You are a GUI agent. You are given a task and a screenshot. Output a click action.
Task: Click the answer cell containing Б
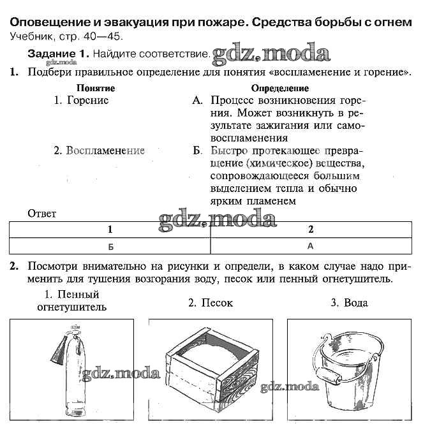coord(110,246)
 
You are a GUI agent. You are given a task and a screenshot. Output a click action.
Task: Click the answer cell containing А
coord(311,245)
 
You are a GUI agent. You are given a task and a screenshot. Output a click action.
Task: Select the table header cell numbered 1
coord(110,230)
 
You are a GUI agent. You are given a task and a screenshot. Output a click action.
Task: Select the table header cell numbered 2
coord(311,230)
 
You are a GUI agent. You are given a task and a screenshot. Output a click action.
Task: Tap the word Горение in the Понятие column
coord(82,101)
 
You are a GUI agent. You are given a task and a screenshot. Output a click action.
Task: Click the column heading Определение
coord(279,88)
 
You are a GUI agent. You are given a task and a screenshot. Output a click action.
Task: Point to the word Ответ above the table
coord(42,214)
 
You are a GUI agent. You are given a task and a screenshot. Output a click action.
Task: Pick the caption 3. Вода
coord(349,304)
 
